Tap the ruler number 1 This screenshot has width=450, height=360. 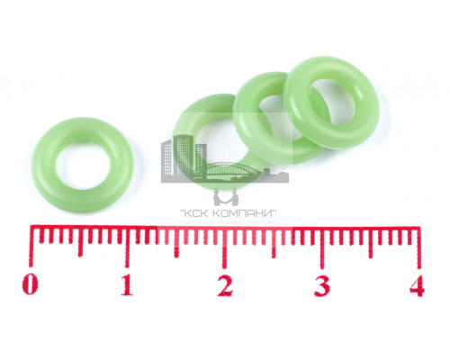127,284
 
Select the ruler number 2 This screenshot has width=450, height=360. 225,285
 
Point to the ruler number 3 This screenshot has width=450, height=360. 322,285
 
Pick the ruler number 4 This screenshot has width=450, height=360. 417,285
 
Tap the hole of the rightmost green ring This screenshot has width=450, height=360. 332,102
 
